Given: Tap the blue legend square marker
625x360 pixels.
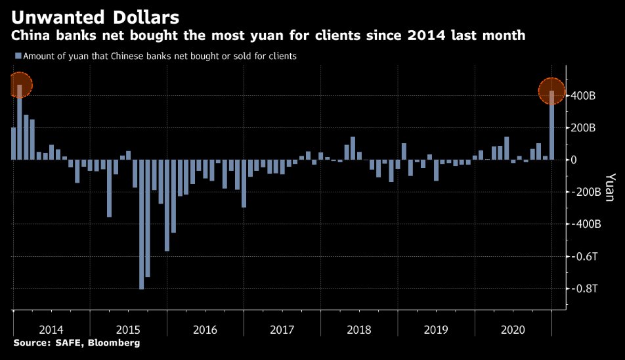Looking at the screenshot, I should (x=17, y=56).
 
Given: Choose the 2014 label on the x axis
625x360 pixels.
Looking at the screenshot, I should (x=51, y=328).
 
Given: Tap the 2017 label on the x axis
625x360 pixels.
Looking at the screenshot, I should (x=282, y=328).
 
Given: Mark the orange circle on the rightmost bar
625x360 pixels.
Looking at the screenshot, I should (x=551, y=91).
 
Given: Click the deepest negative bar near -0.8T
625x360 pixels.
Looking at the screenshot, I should (x=142, y=224).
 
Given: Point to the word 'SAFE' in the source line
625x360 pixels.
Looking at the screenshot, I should (x=65, y=343).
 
